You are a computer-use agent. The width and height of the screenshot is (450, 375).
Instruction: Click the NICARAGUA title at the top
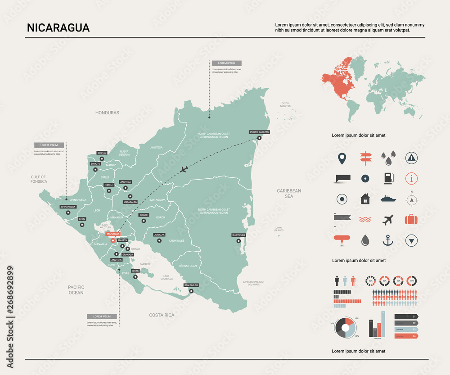click(58, 28)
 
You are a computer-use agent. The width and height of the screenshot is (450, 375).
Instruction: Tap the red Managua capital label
click(112, 234)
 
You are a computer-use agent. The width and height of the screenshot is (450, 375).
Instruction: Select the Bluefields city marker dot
click(238, 241)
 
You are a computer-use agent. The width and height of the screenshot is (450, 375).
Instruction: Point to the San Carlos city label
click(191, 285)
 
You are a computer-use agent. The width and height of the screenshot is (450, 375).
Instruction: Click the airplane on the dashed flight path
click(183, 170)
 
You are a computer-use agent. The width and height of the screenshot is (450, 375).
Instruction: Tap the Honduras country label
click(107, 113)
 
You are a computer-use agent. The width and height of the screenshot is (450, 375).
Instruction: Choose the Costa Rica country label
click(162, 315)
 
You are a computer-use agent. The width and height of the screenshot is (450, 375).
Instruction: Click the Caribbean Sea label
click(288, 194)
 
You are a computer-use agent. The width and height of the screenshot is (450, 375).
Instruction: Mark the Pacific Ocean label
click(76, 290)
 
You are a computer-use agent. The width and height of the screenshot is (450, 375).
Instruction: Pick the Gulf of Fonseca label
click(39, 179)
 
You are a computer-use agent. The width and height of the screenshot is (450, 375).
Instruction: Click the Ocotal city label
click(102, 153)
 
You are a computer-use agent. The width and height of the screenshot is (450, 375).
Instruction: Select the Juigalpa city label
click(159, 235)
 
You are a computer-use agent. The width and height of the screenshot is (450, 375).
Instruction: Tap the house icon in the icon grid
click(364, 199)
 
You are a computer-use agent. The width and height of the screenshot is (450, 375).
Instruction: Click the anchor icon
click(387, 240)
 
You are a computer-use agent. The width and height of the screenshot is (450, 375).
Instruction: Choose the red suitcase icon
click(411, 220)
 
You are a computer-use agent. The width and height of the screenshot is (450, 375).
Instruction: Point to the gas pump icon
click(388, 178)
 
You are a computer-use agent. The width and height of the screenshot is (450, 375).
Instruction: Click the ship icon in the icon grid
click(388, 199)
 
